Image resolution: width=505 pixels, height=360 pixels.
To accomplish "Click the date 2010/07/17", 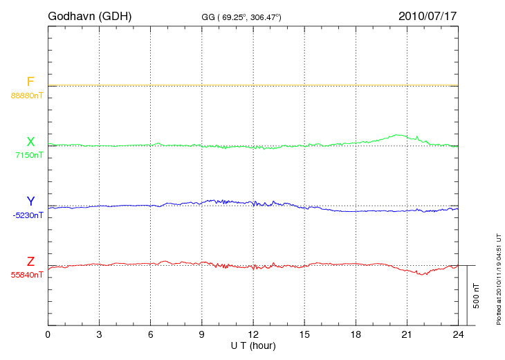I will pos(428,15).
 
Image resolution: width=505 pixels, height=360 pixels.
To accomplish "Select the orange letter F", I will pos(30,82).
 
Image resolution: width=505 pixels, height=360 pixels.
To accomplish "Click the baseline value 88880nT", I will pos(27,95).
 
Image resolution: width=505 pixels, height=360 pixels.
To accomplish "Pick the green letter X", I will pos(30,142).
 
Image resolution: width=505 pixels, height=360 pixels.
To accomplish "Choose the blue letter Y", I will pos(30,201).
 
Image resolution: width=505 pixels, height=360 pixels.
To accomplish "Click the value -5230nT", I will pos(28,215).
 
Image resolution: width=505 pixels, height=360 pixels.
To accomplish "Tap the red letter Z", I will pos(30,262).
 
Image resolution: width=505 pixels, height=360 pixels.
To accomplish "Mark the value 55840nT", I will pos(27,275).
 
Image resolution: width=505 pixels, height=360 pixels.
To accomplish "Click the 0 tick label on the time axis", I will pos(48,334).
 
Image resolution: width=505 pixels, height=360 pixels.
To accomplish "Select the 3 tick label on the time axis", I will pos(100,334).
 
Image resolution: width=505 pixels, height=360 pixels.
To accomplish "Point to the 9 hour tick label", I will pos(202,334).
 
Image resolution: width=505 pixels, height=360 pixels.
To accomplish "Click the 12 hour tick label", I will pos(253,334).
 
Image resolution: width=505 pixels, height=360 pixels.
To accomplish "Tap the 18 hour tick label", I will pos(356,334).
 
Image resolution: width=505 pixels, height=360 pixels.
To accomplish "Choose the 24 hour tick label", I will pos(458,334).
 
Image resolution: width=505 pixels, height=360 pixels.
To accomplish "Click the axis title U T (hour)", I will pos(253,345).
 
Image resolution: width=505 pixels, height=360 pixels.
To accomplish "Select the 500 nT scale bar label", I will pos(477,296).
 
